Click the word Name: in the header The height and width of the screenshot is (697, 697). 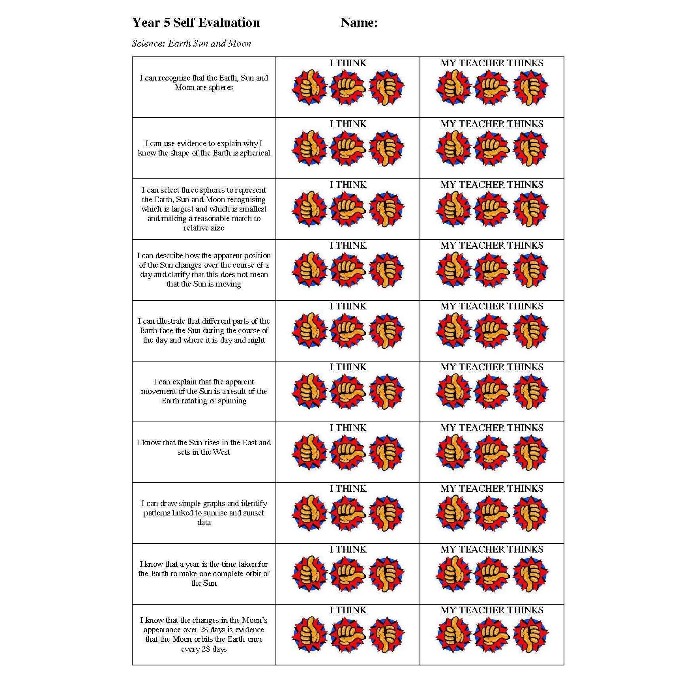coord(359,22)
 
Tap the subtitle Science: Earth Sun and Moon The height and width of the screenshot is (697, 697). coord(191,43)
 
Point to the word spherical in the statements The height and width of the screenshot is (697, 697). coord(255,153)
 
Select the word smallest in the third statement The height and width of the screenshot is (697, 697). coord(253,209)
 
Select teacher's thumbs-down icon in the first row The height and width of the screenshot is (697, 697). coord(531,88)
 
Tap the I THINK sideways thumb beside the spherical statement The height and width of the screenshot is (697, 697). coord(348,148)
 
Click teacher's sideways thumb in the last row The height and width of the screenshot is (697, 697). coord(492,635)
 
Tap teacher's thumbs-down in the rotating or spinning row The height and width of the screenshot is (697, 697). coord(531,392)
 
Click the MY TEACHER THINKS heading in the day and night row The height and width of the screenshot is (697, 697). coord(492,306)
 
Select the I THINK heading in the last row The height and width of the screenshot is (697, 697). coord(348,610)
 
